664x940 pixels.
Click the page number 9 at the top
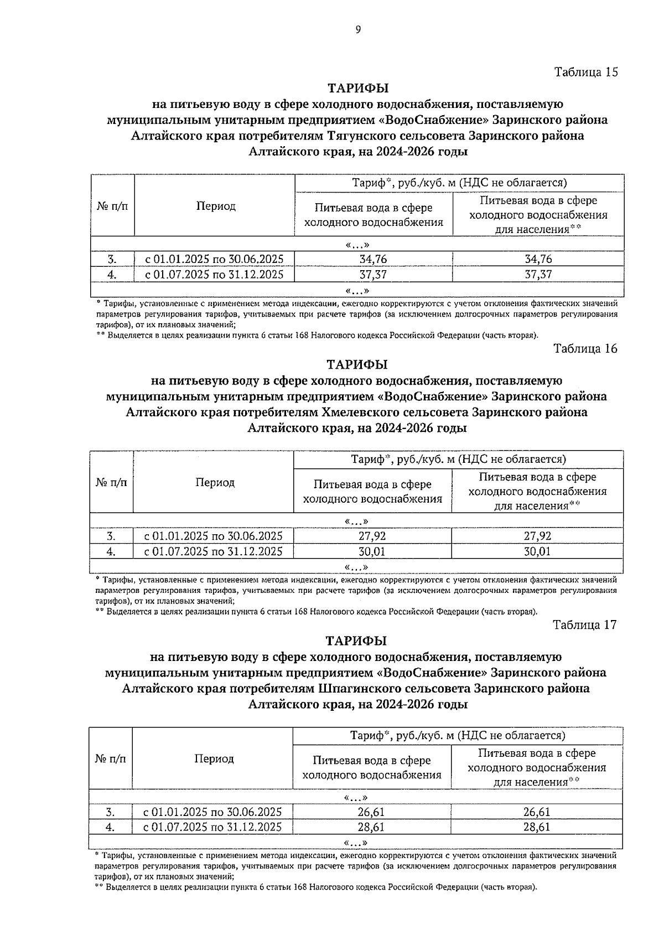click(x=358, y=30)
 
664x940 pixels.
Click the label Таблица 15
click(x=585, y=72)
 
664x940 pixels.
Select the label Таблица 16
click(x=585, y=348)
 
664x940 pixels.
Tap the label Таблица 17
click(x=584, y=624)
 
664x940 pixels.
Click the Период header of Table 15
click(x=216, y=206)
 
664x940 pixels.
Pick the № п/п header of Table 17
click(x=111, y=758)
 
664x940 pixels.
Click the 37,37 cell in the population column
click(x=538, y=274)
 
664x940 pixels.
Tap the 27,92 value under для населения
click(x=537, y=536)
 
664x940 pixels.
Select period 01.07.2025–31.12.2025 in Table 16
click(x=214, y=551)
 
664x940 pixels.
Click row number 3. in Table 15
click(x=112, y=259)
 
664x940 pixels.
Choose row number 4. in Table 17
click(x=110, y=827)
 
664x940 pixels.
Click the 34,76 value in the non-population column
click(x=373, y=259)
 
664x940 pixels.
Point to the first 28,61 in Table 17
click(x=371, y=827)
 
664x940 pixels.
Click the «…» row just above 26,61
click(x=355, y=797)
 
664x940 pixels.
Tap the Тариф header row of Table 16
click(x=458, y=459)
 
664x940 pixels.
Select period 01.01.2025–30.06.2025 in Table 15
click(x=215, y=259)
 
